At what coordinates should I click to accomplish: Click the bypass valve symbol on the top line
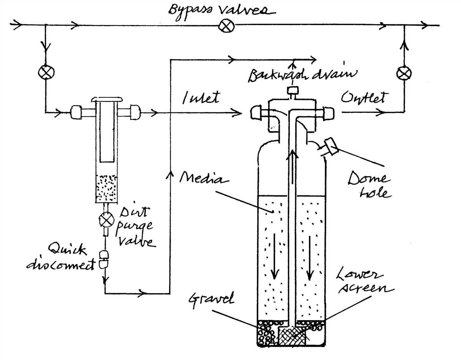tap(224, 26)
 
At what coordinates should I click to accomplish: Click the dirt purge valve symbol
tap(105, 220)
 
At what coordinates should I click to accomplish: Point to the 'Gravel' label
tap(211, 299)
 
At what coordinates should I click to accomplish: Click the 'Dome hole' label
tap(369, 185)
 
